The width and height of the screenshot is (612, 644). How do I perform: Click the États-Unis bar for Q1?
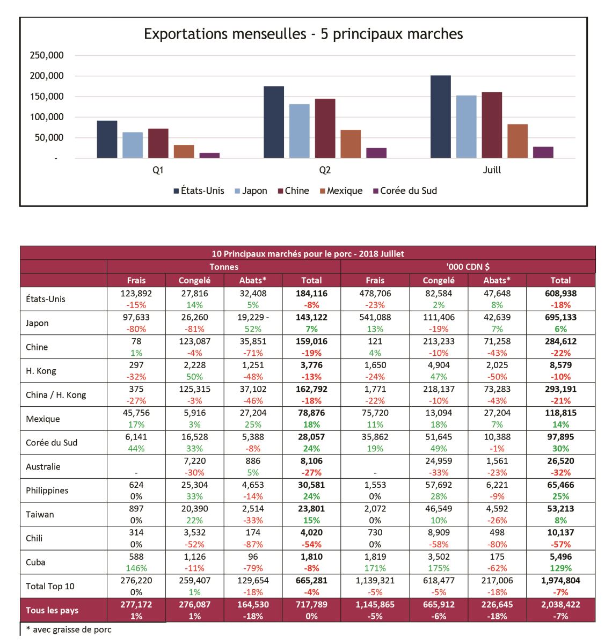(x=107, y=139)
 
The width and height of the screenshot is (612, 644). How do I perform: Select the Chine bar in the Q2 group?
(x=325, y=128)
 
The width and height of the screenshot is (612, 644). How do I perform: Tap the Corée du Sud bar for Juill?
(x=543, y=152)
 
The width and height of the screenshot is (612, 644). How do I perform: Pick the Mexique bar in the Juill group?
(x=518, y=141)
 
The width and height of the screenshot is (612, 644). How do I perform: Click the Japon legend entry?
(x=251, y=191)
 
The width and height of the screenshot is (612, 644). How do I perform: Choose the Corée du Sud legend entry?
(x=405, y=191)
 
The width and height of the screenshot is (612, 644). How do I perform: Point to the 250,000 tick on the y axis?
(x=47, y=55)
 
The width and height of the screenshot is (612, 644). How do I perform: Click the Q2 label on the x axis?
(x=324, y=170)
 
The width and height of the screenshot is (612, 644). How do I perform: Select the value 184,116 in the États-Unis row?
(x=311, y=293)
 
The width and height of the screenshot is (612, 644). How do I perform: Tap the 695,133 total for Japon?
(x=560, y=317)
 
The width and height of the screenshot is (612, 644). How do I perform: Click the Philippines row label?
(x=47, y=491)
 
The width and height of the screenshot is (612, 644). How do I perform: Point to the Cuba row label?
(x=35, y=562)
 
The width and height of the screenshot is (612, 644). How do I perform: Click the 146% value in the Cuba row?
(x=136, y=568)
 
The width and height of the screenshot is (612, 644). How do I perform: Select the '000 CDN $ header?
(x=468, y=267)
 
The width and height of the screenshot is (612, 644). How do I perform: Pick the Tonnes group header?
(x=224, y=267)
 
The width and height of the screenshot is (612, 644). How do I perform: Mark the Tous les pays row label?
(x=52, y=610)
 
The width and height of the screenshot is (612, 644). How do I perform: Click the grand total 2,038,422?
(x=560, y=604)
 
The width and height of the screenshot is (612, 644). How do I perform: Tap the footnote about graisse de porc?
(x=69, y=630)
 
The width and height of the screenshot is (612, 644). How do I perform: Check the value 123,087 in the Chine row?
(x=194, y=341)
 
